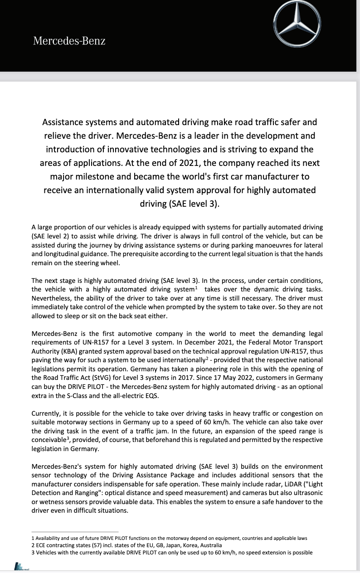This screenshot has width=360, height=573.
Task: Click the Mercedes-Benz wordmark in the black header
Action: pyautogui.click(x=69, y=41)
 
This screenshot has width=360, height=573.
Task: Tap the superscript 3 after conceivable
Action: pyautogui.click(x=68, y=438)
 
